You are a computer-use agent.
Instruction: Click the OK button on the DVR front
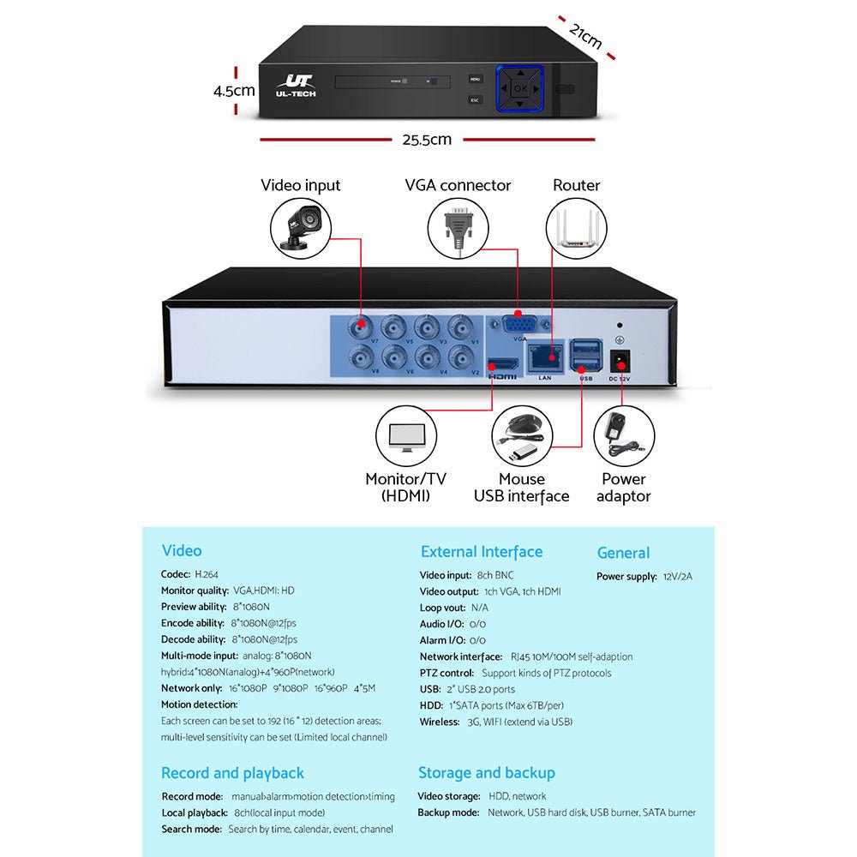coord(520,88)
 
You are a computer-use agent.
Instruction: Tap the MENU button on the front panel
coord(476,79)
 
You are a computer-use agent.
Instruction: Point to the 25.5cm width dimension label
coord(427,140)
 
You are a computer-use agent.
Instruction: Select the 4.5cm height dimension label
coord(234,90)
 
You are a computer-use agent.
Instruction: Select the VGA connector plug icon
coord(458,226)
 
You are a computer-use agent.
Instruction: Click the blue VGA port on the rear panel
coord(519,324)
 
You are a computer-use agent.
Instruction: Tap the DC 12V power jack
coord(619,360)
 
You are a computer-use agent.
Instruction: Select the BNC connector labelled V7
coord(361,326)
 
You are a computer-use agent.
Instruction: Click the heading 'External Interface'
coord(481,552)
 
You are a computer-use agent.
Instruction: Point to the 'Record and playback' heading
coord(232,773)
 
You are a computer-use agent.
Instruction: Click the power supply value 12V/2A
coord(677,577)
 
